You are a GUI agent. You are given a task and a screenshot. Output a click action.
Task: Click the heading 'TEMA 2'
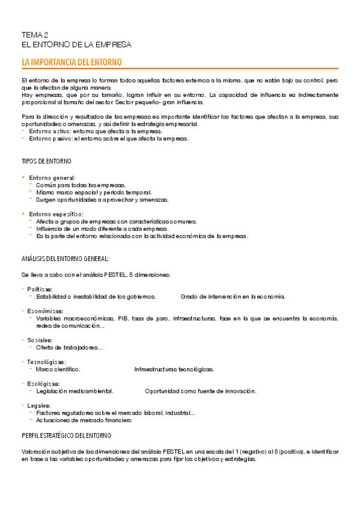tap(35, 35)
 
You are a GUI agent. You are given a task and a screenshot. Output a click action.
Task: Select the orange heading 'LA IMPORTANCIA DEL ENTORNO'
tap(72, 63)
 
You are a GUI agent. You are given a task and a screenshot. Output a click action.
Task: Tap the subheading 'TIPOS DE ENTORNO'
tap(46, 162)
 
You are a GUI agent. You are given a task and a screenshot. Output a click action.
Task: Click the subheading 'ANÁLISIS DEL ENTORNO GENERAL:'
tap(65, 259)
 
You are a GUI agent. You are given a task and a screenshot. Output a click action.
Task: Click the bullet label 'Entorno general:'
tap(52, 178)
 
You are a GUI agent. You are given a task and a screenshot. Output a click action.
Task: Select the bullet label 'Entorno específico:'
tap(56, 214)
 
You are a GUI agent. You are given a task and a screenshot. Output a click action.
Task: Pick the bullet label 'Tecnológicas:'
tap(47, 362)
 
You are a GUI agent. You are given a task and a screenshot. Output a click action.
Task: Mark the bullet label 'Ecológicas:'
tap(44, 384)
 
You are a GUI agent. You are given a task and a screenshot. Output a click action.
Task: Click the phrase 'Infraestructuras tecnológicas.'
tap(174, 369)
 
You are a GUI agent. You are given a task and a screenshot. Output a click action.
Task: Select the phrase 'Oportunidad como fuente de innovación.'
tap(201, 391)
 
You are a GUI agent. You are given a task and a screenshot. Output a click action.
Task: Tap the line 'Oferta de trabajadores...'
tap(69, 348)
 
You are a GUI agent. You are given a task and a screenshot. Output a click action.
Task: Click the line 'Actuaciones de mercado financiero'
tap(84, 420)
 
